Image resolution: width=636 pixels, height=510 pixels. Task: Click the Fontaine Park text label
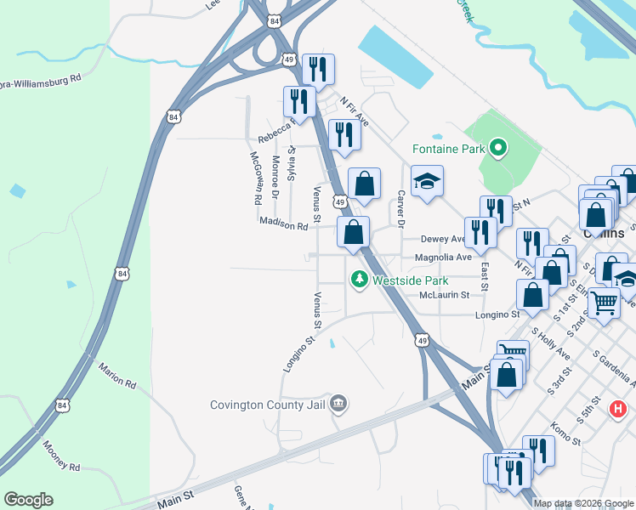pos(447,150)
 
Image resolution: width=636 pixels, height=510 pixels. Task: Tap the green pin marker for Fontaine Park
pos(499,150)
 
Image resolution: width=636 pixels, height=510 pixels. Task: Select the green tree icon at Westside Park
pos(359,279)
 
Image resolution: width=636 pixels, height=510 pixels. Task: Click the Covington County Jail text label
pos(268,405)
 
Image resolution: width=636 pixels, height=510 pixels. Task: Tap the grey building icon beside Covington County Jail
pos(338,403)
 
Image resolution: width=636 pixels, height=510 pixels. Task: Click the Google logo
pos(29,500)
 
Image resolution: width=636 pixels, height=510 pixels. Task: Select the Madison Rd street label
pos(283,225)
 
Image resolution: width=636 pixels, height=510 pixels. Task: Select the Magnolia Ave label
pos(442,258)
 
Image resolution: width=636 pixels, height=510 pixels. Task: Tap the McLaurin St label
pos(444,295)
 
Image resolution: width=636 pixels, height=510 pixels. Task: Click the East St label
pos(483,275)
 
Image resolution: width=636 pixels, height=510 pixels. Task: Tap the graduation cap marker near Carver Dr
pos(428,181)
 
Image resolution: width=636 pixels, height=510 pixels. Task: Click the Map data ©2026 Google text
pos(584,503)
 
